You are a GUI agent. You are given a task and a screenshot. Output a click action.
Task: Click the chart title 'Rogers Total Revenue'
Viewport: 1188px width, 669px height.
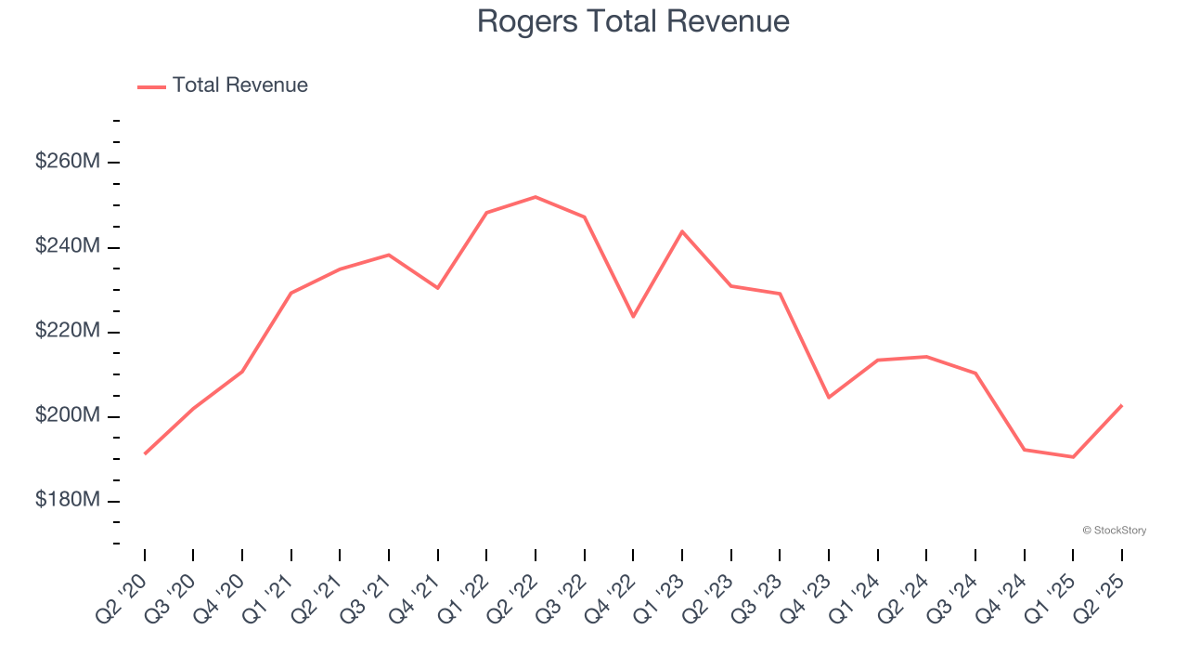coord(633,21)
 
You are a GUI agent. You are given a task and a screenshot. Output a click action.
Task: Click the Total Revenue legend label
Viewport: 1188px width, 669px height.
coord(239,85)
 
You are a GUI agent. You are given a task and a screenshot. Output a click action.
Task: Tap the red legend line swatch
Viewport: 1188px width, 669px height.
coord(151,86)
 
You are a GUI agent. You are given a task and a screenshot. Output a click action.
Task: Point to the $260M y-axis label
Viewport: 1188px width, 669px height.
coord(68,162)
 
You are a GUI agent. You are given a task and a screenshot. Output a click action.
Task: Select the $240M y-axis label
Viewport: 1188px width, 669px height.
coord(68,246)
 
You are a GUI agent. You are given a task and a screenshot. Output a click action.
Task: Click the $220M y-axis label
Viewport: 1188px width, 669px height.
coord(68,331)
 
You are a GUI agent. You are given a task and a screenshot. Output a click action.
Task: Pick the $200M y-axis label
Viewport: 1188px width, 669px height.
coord(68,415)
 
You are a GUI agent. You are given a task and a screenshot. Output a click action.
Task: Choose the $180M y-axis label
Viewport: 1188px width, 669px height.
coord(68,500)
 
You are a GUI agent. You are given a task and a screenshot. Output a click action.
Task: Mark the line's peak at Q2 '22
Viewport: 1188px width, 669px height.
coord(536,197)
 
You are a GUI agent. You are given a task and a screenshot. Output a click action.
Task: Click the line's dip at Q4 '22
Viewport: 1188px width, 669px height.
coord(633,317)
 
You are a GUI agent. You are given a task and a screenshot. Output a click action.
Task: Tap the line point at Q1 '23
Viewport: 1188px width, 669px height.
coord(682,231)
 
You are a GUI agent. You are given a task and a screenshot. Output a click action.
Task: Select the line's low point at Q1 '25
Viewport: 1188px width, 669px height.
coord(1073,457)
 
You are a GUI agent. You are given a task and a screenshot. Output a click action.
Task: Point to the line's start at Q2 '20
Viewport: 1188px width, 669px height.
coord(145,453)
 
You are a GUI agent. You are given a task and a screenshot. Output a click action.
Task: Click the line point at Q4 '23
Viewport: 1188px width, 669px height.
coord(829,398)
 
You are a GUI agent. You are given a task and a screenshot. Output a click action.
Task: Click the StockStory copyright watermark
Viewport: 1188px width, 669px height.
coord(1114,531)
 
